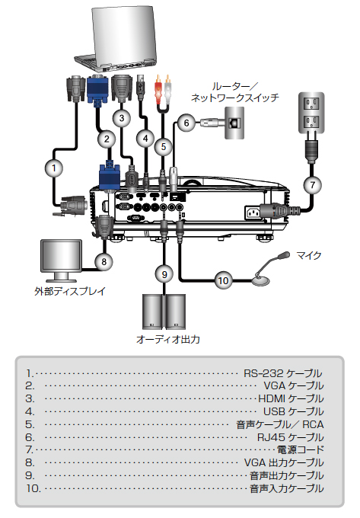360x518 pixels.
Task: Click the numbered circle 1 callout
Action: tap(54, 168)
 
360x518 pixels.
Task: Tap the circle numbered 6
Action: tap(186, 123)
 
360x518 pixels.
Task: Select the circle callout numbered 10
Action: tap(224, 280)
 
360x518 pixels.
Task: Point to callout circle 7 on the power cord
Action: tap(313, 184)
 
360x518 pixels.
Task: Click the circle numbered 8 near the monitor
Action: tap(104, 261)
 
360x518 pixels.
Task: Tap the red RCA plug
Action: tap(158, 87)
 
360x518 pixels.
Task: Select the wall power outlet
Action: tap(311, 113)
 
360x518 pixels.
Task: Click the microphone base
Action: tap(261, 281)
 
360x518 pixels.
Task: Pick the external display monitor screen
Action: tap(61, 256)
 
